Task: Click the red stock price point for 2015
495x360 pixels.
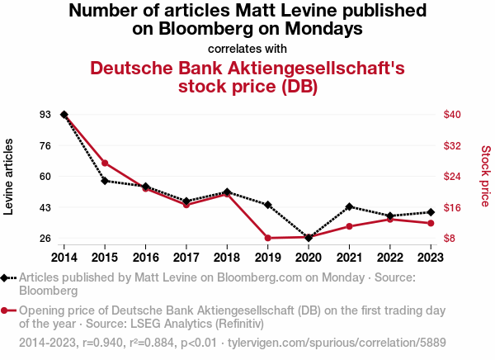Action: tap(105, 163)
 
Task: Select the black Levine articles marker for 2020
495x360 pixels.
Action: tap(308, 238)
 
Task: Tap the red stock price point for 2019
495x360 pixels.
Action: tap(267, 238)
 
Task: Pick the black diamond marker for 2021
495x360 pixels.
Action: tap(349, 206)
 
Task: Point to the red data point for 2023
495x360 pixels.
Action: tap(430, 223)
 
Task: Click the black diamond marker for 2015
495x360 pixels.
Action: tap(105, 180)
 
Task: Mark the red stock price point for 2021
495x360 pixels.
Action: tap(349, 226)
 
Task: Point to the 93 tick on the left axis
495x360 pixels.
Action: tap(45, 114)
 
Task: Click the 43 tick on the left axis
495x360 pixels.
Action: tap(45, 207)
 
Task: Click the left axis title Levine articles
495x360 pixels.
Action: tap(9, 176)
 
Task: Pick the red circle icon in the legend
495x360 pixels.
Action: tap(7, 310)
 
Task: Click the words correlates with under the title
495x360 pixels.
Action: tap(247, 48)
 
